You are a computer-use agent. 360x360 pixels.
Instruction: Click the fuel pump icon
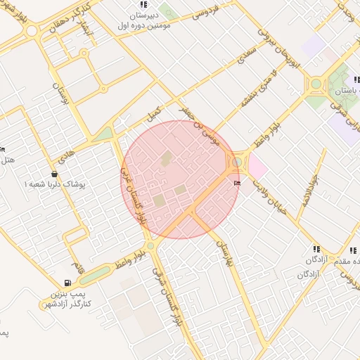(x=76, y=265)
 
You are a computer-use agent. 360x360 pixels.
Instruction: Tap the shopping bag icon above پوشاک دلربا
(x=55, y=173)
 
